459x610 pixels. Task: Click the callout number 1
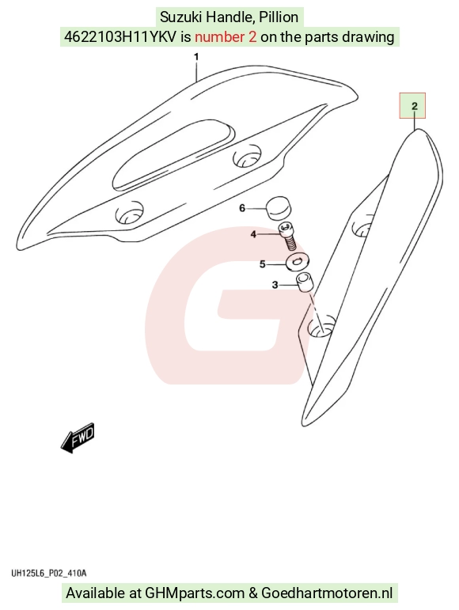196,57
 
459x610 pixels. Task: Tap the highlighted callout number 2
414,106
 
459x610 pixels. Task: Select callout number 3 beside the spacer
275,285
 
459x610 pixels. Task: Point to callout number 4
253,234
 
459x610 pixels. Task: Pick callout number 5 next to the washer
262,264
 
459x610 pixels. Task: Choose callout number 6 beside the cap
242,209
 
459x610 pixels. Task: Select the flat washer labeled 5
298,262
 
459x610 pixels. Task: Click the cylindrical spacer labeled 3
305,282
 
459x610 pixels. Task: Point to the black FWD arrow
78,438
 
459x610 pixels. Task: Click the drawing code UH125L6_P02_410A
48,573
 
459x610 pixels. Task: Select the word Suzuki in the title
181,17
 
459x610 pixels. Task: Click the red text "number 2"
226,37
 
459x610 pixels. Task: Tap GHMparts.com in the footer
195,593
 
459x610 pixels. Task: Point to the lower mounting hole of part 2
321,326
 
